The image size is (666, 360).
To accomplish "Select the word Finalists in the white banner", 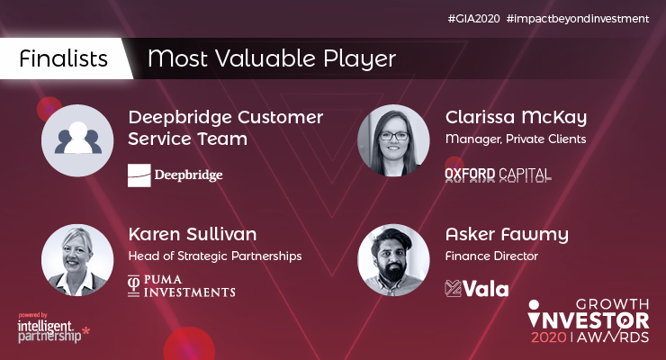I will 64,59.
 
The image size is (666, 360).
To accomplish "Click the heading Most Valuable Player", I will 271,59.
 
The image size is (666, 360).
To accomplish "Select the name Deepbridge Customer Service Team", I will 226,129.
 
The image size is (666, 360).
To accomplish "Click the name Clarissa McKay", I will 516,118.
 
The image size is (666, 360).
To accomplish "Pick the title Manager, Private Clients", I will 516,139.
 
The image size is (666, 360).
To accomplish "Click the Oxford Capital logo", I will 498,174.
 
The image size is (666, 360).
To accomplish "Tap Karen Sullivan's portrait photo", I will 76,259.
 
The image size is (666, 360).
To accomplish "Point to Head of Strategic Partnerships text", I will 214,256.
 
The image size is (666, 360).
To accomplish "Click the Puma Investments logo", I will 181,287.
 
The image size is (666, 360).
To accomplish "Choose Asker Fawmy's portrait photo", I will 392,259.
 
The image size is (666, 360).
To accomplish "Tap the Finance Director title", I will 491,256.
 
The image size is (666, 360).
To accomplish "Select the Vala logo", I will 477,288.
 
